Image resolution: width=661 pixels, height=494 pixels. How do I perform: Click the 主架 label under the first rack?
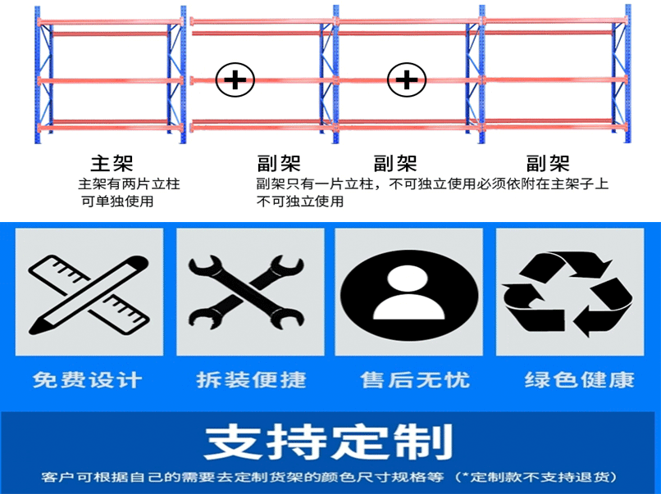click(x=112, y=163)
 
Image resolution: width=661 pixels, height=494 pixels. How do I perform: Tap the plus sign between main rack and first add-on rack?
click(x=235, y=80)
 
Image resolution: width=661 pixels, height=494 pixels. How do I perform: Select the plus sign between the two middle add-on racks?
click(x=408, y=80)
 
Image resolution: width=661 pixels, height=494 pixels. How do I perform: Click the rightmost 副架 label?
click(x=547, y=163)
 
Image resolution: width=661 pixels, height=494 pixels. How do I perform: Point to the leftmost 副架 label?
click(x=278, y=163)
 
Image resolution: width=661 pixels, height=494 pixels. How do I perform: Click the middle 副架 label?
click(x=395, y=163)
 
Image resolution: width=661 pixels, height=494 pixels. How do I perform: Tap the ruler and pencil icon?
click(x=89, y=292)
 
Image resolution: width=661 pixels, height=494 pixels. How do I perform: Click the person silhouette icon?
click(x=408, y=292)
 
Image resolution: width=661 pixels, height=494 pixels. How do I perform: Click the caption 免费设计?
click(x=88, y=380)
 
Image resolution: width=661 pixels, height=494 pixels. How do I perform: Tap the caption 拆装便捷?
click(x=251, y=380)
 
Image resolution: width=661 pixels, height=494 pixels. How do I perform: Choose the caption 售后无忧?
click(x=415, y=380)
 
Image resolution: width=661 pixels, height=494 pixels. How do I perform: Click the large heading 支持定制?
click(x=328, y=443)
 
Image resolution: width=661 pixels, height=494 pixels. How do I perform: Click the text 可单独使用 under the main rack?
click(x=117, y=201)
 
